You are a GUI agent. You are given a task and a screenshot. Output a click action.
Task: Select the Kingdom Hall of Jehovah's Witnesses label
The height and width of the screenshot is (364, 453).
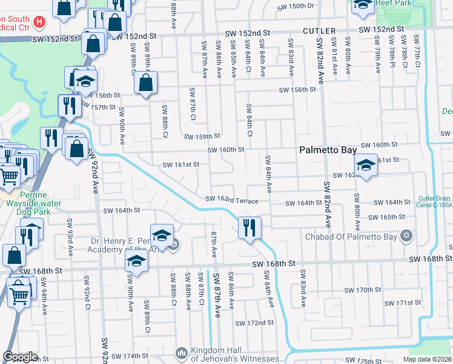tap(237, 355)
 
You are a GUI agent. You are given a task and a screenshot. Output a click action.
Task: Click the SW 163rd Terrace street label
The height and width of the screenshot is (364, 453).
tap(231, 200)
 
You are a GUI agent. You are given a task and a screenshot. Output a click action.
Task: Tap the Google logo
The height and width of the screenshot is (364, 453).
tap(21, 357)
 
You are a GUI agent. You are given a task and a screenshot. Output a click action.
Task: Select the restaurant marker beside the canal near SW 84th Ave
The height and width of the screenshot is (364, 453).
tap(250, 229)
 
